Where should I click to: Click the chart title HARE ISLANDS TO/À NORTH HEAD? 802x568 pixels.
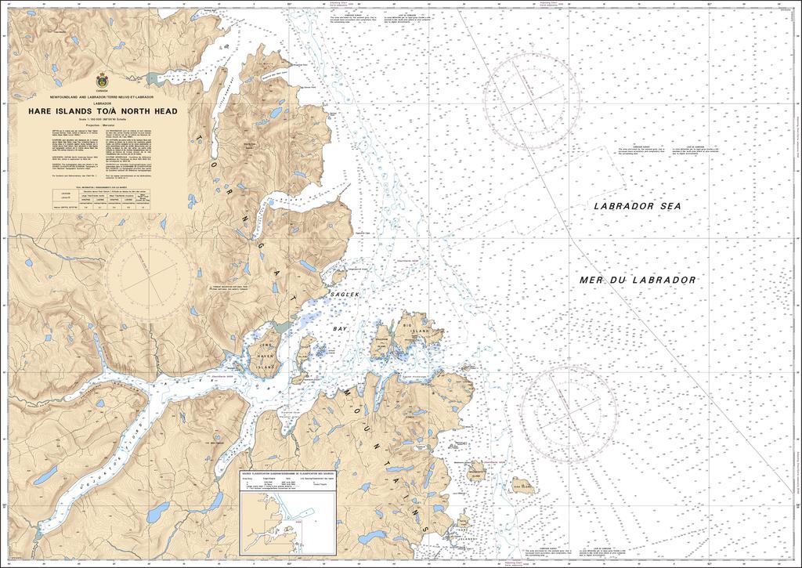pos(103,111)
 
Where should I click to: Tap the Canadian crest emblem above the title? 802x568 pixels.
pos(103,80)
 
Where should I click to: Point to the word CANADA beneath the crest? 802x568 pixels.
pos(103,91)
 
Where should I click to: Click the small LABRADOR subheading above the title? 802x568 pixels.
pos(103,103)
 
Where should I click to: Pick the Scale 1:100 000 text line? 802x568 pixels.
pos(103,119)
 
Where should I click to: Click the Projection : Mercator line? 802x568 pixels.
pos(103,124)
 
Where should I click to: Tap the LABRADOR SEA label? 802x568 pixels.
pos(638,205)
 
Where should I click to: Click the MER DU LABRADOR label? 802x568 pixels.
pos(638,280)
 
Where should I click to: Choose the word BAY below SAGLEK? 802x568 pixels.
pos(340,329)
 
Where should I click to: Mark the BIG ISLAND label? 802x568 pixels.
pos(417,326)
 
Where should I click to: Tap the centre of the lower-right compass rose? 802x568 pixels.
pos(569,411)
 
